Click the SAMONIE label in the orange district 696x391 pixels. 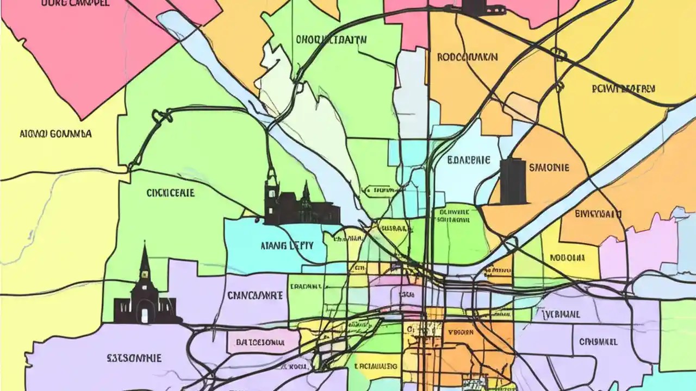coord(549,168)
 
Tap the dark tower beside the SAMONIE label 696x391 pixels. coord(513,181)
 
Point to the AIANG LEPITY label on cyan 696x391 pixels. coord(287,245)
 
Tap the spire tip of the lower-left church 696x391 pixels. coord(145,245)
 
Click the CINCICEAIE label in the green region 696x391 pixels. coord(171,193)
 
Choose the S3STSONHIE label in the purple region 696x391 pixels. coord(126,358)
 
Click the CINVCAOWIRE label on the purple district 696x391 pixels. coord(254,296)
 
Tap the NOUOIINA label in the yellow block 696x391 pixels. coord(567,258)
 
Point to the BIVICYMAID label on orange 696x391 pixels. coord(598,214)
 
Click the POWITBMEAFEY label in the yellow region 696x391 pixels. coord(623,89)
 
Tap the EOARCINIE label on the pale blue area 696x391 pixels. coord(469,161)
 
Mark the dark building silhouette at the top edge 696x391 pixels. coord(473,7)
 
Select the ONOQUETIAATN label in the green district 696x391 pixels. coord(332,40)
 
